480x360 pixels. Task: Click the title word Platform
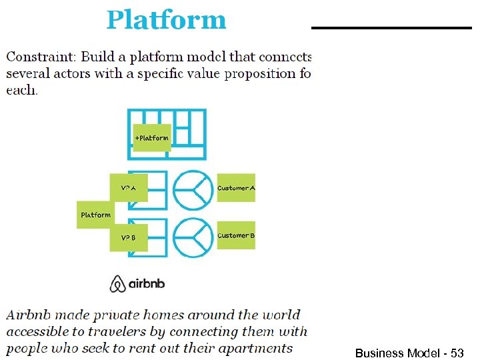166,20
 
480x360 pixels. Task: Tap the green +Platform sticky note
152,137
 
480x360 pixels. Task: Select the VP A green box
129,189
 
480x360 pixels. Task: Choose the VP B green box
129,237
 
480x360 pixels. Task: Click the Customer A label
236,189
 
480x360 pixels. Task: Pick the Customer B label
236,235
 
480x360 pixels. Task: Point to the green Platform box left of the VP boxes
95,215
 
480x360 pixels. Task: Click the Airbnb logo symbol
117,284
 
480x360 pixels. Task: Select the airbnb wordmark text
147,284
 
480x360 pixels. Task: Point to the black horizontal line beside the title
391,28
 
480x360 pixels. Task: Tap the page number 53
457,353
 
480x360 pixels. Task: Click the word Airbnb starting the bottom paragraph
28,315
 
